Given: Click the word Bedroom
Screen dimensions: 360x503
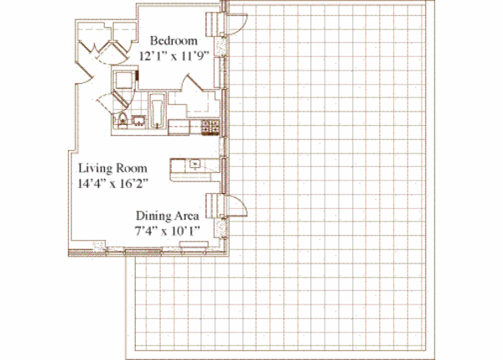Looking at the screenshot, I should coord(174,40).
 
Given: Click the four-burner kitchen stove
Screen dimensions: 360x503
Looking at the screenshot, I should coord(210,127).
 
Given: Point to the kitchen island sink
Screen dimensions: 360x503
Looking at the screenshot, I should coord(193,164).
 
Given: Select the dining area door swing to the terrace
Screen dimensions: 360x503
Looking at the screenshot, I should coord(236,205).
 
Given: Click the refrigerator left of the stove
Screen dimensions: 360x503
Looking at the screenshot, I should coord(179,127).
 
